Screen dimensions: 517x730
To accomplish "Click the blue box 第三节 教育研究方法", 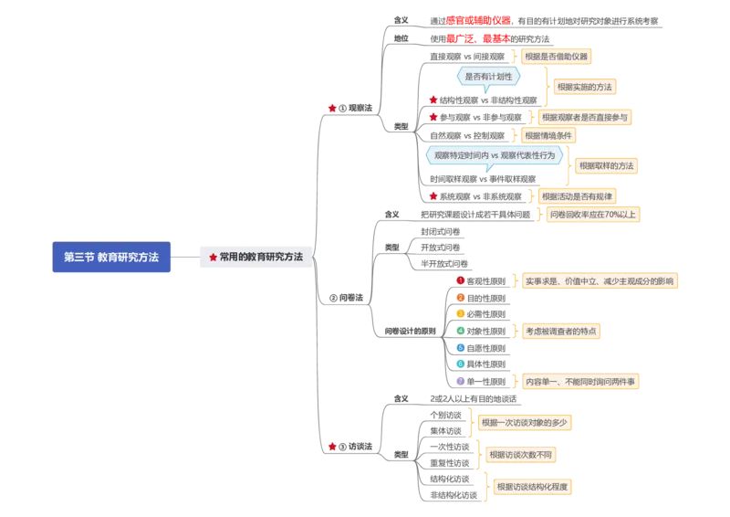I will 111,258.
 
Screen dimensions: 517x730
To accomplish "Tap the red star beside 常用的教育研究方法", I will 213,258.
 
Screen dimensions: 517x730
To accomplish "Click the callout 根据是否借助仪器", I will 556,57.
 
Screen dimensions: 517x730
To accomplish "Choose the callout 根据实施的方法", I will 584,87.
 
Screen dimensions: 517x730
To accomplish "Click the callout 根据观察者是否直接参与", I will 583,117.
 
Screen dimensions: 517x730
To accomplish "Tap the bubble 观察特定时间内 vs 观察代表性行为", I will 494,155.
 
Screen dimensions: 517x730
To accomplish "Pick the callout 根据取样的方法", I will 606,165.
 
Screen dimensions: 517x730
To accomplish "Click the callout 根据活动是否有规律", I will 577,195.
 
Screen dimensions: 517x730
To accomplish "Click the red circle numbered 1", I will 461,280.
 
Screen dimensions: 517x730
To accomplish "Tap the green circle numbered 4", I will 461,330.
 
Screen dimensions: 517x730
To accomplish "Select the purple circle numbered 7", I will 461,380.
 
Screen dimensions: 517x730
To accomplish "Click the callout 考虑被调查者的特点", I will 561,331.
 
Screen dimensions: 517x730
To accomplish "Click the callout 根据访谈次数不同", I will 520,454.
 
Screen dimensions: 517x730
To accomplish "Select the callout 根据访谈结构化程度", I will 532,487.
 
